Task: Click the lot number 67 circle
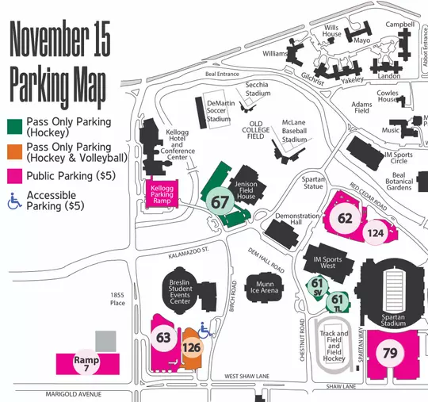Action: (x=220, y=202)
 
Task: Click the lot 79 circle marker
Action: (x=389, y=353)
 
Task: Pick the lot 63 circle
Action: (x=164, y=338)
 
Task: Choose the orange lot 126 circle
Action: (x=191, y=347)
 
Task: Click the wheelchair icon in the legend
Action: (x=14, y=201)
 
